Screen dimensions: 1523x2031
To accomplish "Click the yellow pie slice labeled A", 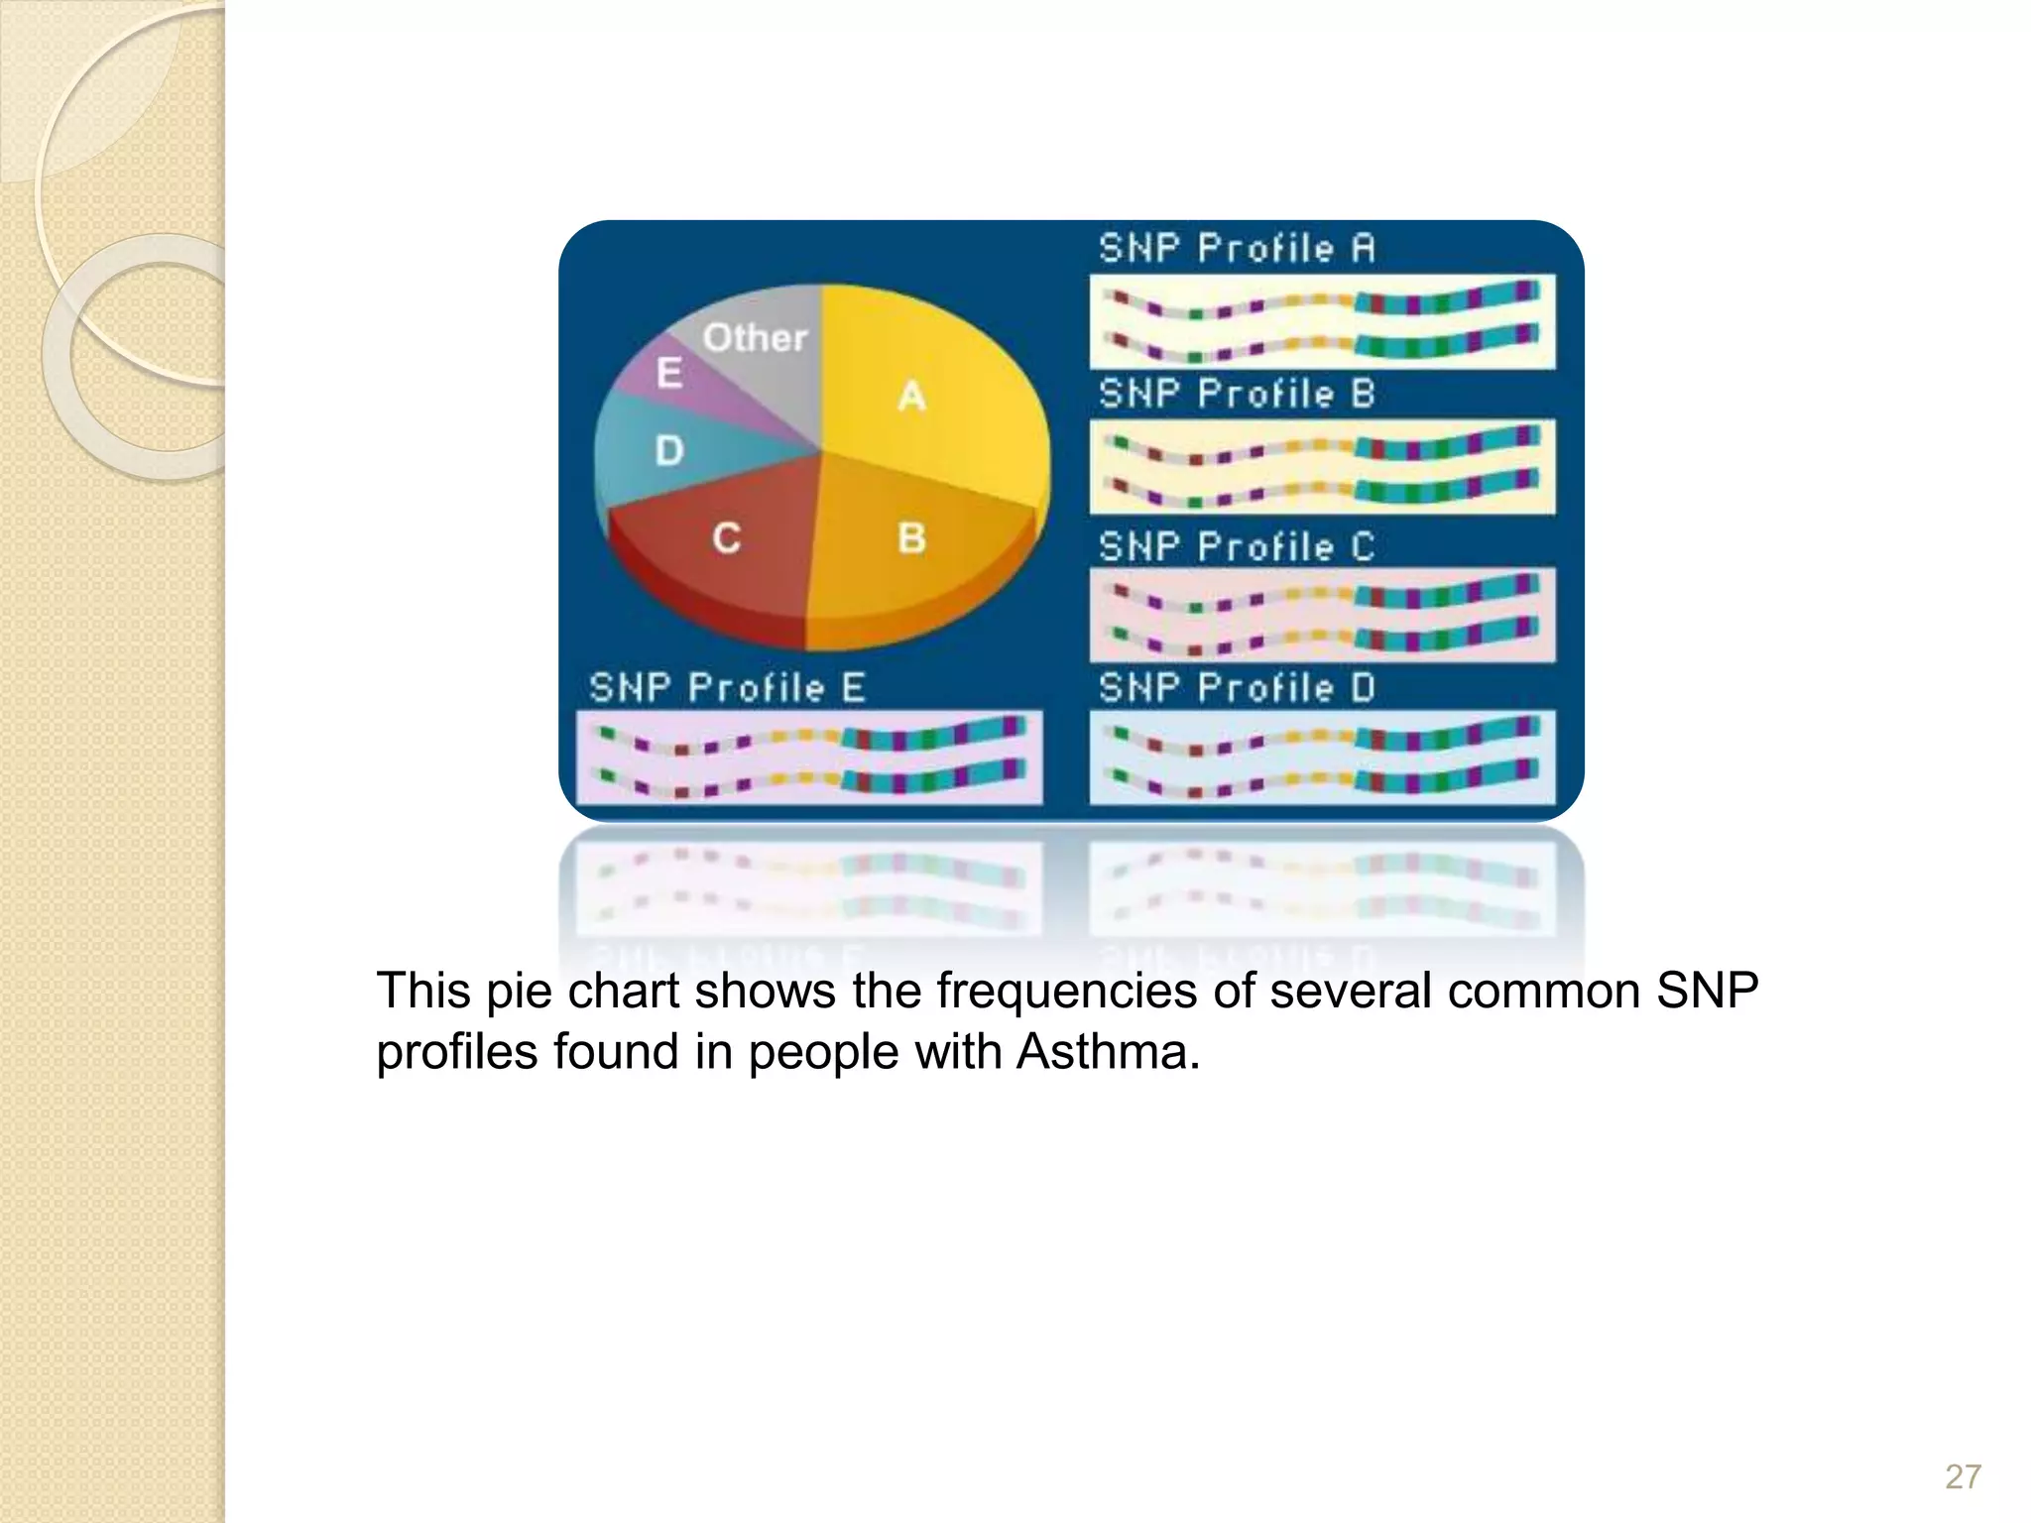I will coord(922,387).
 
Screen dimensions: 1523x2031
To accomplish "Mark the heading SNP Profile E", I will coord(727,687).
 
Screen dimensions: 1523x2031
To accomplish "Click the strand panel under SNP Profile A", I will coord(1322,321).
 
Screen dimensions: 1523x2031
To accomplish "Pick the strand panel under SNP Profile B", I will coord(1322,466).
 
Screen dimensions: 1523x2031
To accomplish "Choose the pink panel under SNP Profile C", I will coord(1322,615).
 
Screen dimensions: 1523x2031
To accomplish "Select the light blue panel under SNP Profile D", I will coord(1322,757).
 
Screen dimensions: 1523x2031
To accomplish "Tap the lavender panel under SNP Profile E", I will coord(809,757).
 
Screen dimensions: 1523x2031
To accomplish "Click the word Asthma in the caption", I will coord(1107,1052).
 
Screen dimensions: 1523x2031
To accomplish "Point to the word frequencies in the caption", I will coord(1065,991).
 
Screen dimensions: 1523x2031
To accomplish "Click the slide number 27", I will coord(1963,1476).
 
